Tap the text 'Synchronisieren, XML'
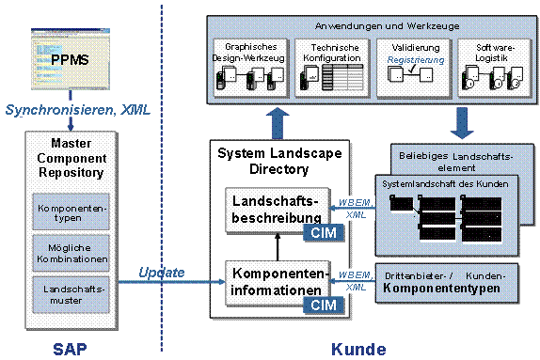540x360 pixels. tap(79, 110)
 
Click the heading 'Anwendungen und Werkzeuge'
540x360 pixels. tap(369, 26)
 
